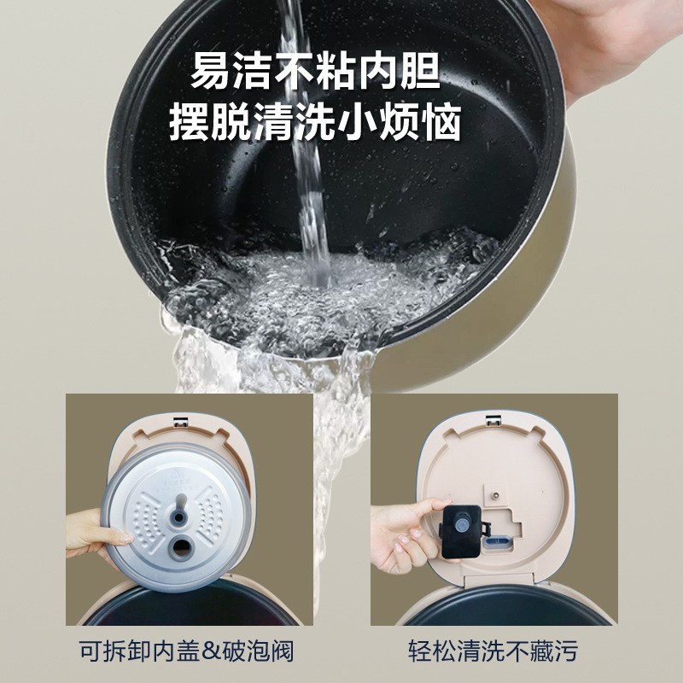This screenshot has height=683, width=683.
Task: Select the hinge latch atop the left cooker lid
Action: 180,419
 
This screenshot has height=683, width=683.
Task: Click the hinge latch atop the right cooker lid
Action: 493,419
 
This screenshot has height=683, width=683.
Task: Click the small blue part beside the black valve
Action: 495,540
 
